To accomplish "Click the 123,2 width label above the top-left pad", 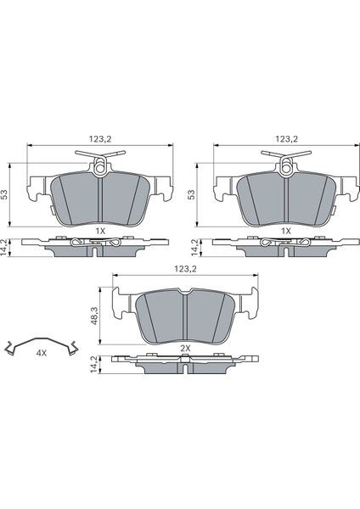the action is (x=100, y=139).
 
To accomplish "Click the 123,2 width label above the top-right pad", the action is (x=287, y=139).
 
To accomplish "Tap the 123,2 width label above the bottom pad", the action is (x=186, y=269).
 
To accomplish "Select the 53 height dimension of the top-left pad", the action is (x=5, y=195).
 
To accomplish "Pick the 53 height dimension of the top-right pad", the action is (x=192, y=195).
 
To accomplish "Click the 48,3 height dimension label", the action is (x=93, y=316).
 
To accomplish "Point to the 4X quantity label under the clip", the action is (x=42, y=353).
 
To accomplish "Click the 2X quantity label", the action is (x=185, y=349).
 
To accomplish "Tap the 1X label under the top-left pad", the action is (x=100, y=231).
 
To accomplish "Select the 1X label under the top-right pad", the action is (x=286, y=231).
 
